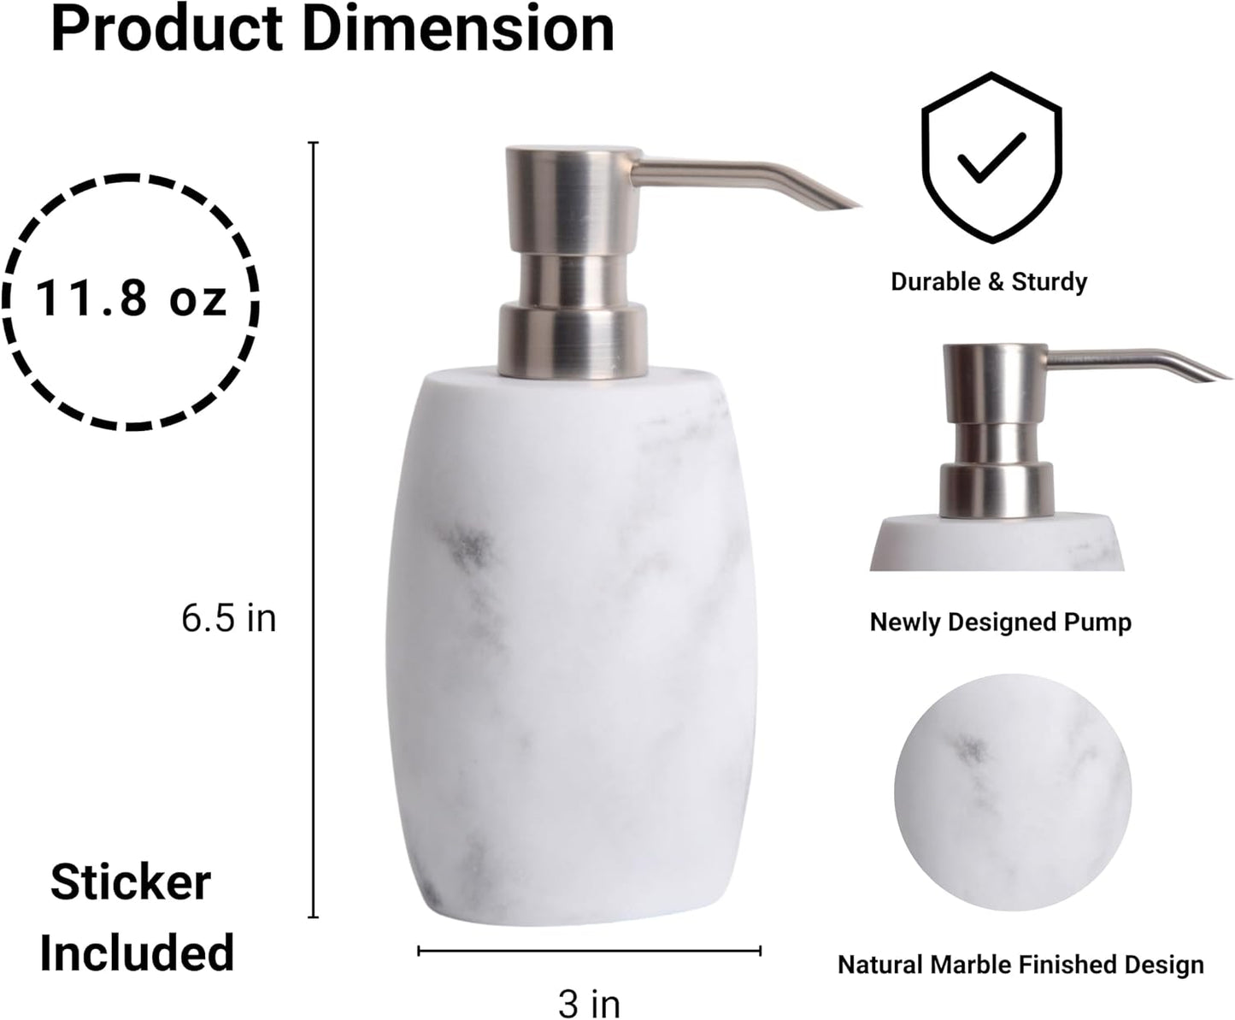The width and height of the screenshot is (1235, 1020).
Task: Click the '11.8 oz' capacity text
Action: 131,300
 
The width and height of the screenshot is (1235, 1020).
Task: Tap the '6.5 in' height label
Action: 228,617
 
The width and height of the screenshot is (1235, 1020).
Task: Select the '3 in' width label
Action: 589,1002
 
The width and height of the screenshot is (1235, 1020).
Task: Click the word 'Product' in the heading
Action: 167,29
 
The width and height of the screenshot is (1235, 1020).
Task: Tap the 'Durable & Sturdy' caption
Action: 989,281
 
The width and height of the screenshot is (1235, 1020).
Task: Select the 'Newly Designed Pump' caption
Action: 1000,622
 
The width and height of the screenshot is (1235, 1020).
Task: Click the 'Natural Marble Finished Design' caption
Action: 1020,964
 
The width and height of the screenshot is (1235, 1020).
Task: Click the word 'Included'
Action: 137,952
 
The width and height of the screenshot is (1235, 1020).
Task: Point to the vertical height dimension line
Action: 314,530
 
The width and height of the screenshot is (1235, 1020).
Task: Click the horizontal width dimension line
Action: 589,950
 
